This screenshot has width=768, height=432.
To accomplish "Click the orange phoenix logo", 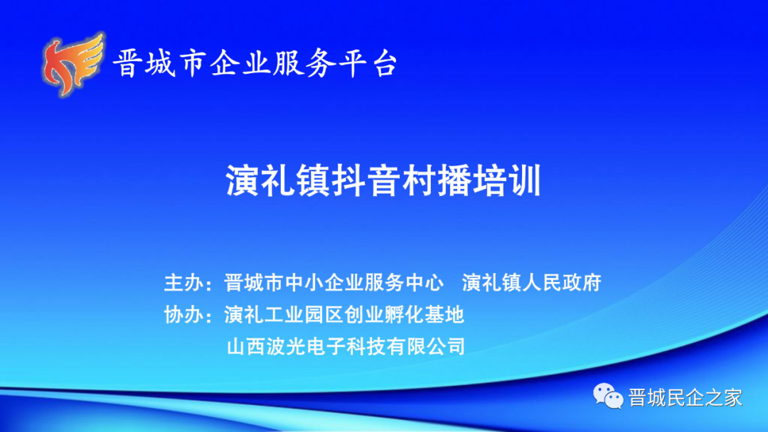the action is pyautogui.click(x=73, y=64).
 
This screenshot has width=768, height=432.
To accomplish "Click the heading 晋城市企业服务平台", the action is pyautogui.click(x=255, y=63).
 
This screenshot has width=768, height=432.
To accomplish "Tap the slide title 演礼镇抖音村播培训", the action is pyautogui.click(x=383, y=180).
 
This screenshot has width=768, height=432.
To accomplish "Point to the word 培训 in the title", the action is pyautogui.click(x=506, y=180).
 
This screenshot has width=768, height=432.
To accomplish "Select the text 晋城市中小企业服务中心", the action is pyautogui.click(x=334, y=283).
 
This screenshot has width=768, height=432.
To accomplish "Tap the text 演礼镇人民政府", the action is pyautogui.click(x=531, y=283).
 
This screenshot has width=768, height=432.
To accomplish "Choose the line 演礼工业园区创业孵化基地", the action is pyautogui.click(x=344, y=315).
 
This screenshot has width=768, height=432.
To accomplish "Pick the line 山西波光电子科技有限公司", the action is pyautogui.click(x=346, y=347).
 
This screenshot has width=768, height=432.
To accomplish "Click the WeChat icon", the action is pyautogui.click(x=608, y=396).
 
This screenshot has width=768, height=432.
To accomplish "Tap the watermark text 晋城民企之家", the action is pyautogui.click(x=686, y=397).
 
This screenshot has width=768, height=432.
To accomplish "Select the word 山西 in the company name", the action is pyautogui.click(x=246, y=347).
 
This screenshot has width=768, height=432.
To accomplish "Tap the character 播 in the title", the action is pyautogui.click(x=454, y=180).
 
